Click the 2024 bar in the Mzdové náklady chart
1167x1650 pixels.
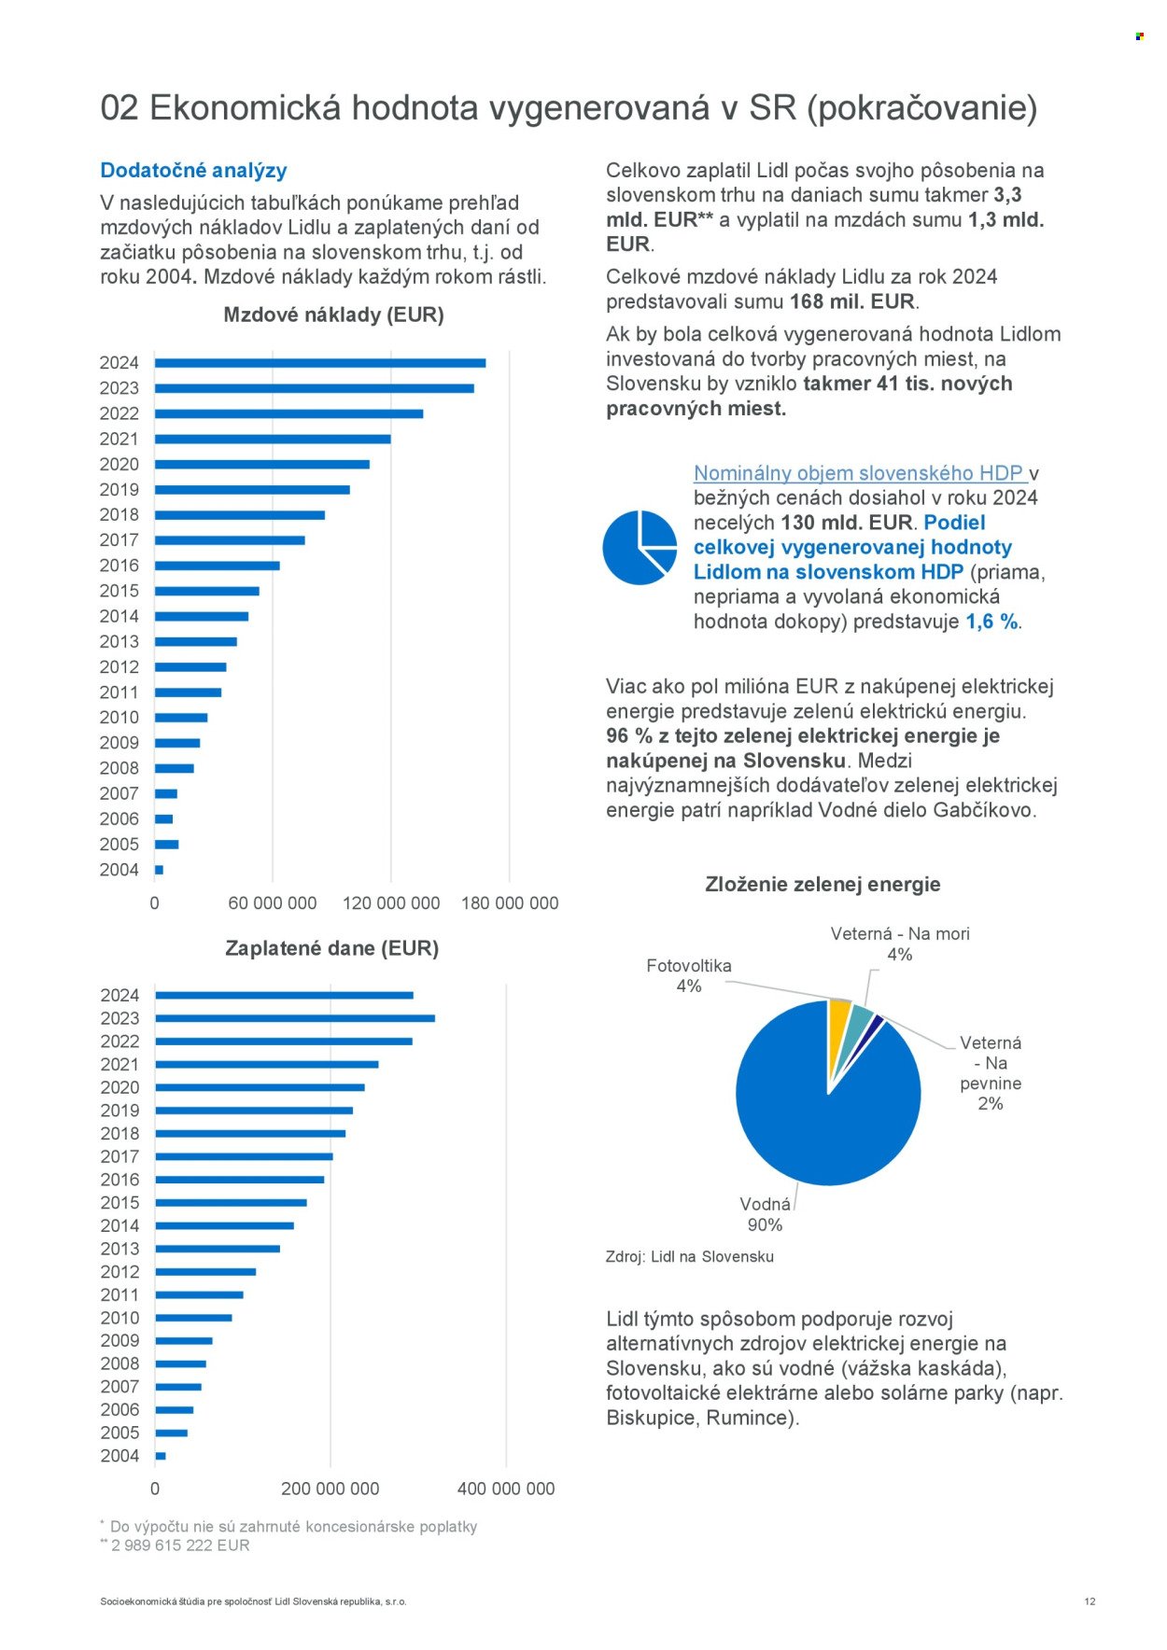[319, 363]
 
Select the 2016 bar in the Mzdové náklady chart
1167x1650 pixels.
[217, 566]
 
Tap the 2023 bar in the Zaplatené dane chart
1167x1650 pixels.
[294, 1018]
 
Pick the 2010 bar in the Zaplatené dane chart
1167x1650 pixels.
[193, 1318]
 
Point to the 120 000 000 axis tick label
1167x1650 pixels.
[391, 903]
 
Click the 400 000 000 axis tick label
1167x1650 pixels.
[506, 1489]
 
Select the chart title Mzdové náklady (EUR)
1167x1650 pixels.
[333, 315]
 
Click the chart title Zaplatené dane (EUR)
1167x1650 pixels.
[331, 948]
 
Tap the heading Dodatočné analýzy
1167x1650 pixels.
[193, 171]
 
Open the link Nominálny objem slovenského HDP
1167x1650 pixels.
[859, 473]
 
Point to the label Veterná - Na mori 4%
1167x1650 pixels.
[899, 944]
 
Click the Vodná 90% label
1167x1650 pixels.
[765, 1214]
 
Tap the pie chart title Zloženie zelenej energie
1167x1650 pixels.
[823, 885]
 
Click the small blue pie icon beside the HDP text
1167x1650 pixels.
[639, 548]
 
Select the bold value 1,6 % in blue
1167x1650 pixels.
[991, 622]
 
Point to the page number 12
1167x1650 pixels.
[1090, 1601]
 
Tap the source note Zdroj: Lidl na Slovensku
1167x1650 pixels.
[689, 1256]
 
